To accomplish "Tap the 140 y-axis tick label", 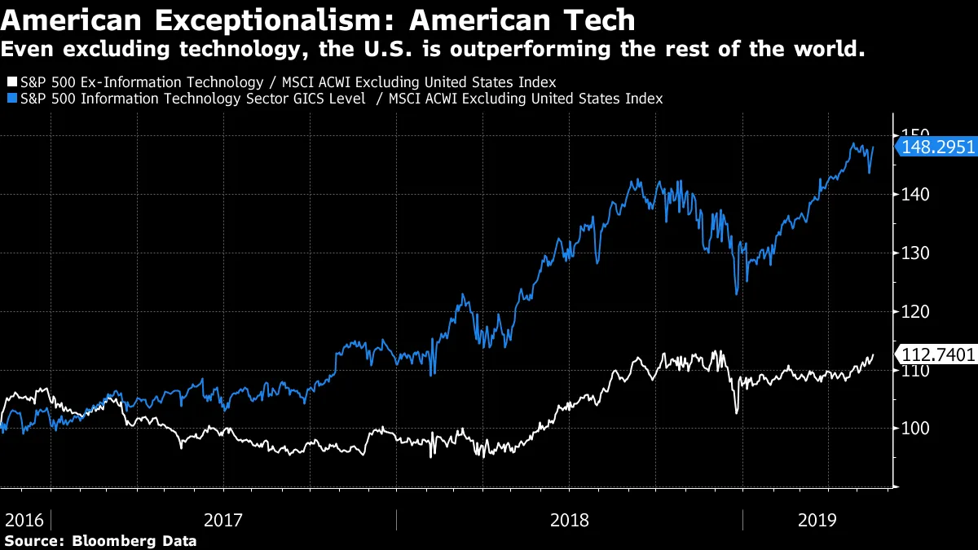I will (915, 194).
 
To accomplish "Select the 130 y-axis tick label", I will (915, 253).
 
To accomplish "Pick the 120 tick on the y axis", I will (915, 311).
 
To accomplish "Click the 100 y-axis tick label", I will (915, 429).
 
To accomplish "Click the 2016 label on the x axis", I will (24, 519).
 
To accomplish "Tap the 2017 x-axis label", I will (224, 519).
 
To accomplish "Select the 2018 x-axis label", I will (570, 519).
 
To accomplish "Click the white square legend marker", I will (11, 82).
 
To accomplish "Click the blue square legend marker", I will (11, 99).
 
